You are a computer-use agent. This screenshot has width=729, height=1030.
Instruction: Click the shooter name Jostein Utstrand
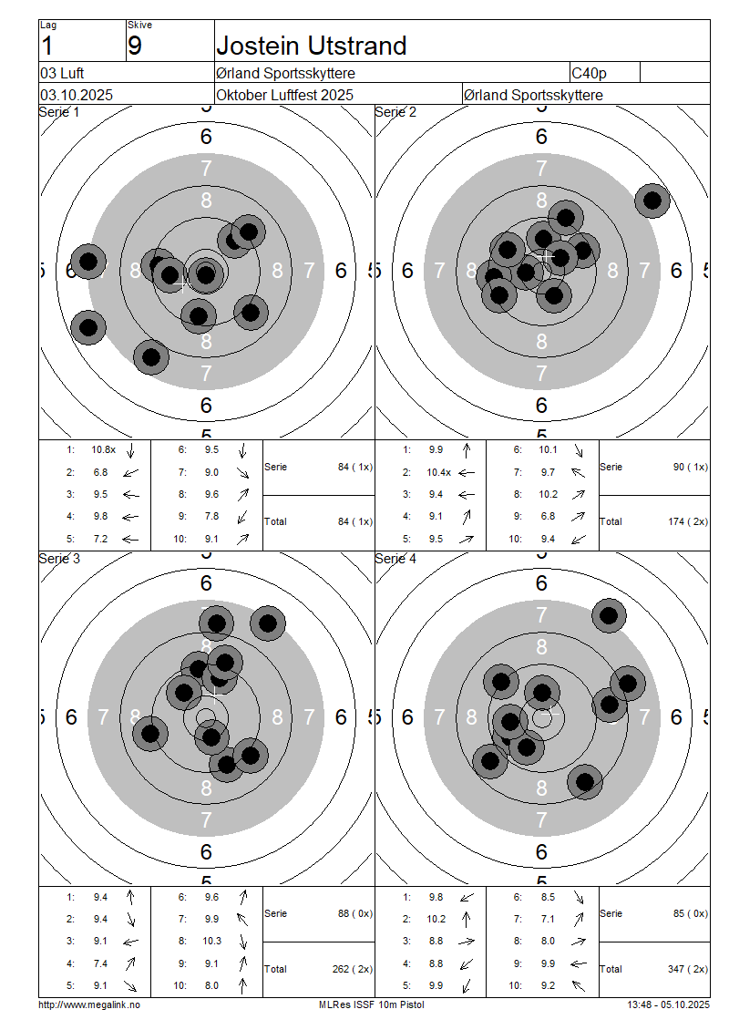point(312,46)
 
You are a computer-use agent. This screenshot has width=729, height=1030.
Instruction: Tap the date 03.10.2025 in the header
point(77,95)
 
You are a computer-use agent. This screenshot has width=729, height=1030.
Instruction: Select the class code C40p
point(590,73)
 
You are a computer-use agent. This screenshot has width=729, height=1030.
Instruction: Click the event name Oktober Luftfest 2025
point(284,95)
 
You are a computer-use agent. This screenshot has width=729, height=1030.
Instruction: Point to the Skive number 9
point(135,46)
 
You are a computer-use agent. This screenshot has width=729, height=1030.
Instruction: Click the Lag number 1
point(47,46)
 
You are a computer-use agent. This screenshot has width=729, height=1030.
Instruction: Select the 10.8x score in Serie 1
point(103,449)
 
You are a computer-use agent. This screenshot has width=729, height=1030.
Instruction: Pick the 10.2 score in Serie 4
point(437,919)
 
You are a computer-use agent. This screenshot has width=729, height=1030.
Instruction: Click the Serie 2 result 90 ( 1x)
point(691,467)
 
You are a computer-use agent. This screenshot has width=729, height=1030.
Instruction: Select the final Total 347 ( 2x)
point(687,969)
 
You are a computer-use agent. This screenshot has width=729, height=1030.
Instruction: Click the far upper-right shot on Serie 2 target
point(652,200)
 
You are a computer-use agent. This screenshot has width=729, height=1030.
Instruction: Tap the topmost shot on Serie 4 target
point(609,616)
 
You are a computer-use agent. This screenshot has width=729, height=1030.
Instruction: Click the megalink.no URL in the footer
point(89,1004)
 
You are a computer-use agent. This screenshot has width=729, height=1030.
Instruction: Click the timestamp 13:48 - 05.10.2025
point(668,1004)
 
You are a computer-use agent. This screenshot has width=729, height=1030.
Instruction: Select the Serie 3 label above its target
point(59,559)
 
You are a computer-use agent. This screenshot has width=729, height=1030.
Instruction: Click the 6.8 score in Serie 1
point(99,472)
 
